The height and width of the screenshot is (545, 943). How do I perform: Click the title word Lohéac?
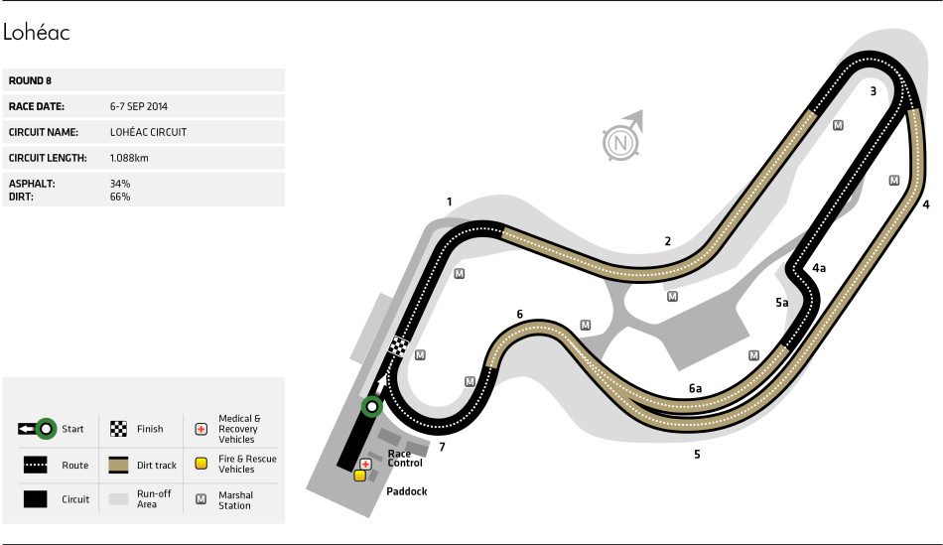pos(36,33)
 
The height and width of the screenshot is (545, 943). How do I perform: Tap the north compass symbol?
pos(620,143)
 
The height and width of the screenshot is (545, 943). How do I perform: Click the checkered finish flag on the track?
pos(398,346)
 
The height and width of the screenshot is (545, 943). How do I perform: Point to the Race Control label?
pos(405,458)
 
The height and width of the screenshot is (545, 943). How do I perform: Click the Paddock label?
pos(405,490)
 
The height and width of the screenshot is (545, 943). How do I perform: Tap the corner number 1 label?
pos(449,202)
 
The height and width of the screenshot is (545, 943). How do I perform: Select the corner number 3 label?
pos(873,91)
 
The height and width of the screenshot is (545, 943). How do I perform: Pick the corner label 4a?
pos(819,267)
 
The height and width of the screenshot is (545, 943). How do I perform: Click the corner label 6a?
pos(696,388)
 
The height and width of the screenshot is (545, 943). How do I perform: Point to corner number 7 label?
pos(442,447)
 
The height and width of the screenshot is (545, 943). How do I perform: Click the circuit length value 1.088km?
pos(129,158)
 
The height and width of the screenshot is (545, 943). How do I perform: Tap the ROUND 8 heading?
pos(30,80)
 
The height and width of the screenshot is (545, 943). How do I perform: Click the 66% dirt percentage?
pos(120,197)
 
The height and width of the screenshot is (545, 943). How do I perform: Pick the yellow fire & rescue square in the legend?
pos(201,464)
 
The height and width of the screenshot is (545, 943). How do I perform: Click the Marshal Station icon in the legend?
pos(201,498)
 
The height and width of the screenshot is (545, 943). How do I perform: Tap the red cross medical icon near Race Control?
pos(366,464)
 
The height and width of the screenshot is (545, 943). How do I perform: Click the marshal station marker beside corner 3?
pos(839,125)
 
